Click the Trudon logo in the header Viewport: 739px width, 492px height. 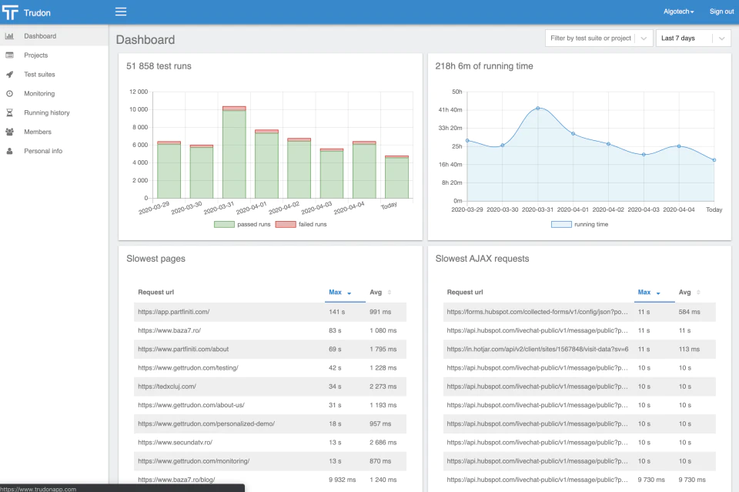tap(26, 13)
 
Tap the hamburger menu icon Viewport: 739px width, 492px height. tap(121, 12)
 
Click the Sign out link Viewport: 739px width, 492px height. tap(721, 12)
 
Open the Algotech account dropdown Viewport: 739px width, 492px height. tap(679, 12)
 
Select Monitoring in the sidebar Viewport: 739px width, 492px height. tap(39, 93)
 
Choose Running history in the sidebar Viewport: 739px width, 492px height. tap(47, 112)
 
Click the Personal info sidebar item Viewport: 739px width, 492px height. tap(43, 151)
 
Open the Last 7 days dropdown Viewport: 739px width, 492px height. tap(693, 38)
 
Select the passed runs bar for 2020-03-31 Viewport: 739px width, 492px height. tap(234, 154)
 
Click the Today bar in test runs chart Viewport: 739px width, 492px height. tap(397, 177)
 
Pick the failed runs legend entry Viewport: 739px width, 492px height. tap(301, 224)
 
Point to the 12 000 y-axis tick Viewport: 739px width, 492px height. tap(139, 92)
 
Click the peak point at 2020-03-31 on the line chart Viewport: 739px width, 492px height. tap(538, 109)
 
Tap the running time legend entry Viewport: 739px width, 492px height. tap(580, 224)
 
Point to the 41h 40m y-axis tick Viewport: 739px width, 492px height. tap(450, 110)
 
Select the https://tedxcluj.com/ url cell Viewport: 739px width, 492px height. tap(167, 387)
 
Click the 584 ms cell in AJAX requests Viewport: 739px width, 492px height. tap(689, 312)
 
